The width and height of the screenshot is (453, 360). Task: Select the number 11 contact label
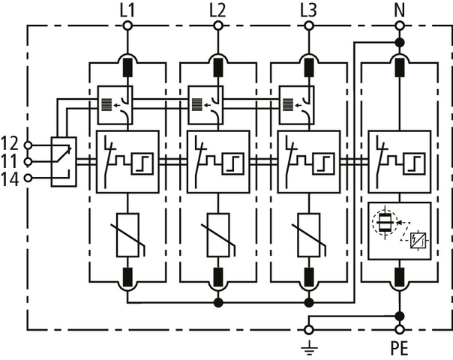pyautogui.click(x=10, y=160)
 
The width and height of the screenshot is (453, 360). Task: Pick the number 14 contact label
pyautogui.click(x=10, y=178)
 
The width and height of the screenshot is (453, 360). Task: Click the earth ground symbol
pyautogui.click(x=308, y=346)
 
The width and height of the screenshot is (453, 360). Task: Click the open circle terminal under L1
pyautogui.click(x=127, y=25)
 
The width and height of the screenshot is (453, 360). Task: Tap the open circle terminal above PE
pyautogui.click(x=399, y=329)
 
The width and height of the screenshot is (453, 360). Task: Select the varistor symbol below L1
pyautogui.click(x=127, y=235)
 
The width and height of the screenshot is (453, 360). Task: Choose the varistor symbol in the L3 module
pyautogui.click(x=308, y=235)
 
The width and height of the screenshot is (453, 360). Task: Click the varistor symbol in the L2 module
pyautogui.click(x=217, y=235)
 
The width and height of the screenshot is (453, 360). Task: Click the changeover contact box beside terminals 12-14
pyautogui.click(x=63, y=161)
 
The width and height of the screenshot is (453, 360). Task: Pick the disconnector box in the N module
pyautogui.click(x=399, y=161)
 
